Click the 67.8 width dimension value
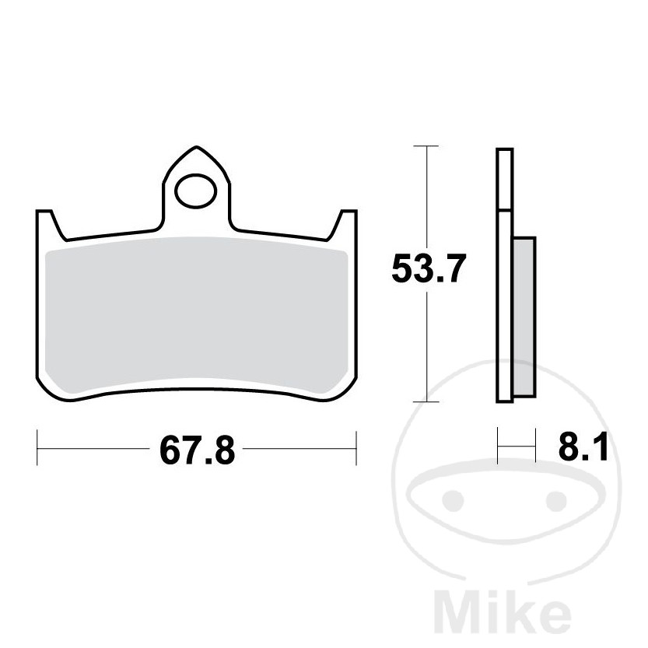point(198,450)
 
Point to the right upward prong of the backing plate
point(346,221)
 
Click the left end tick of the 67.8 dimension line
point(38,449)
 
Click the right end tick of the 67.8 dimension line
point(356,449)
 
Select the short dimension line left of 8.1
point(517,448)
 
